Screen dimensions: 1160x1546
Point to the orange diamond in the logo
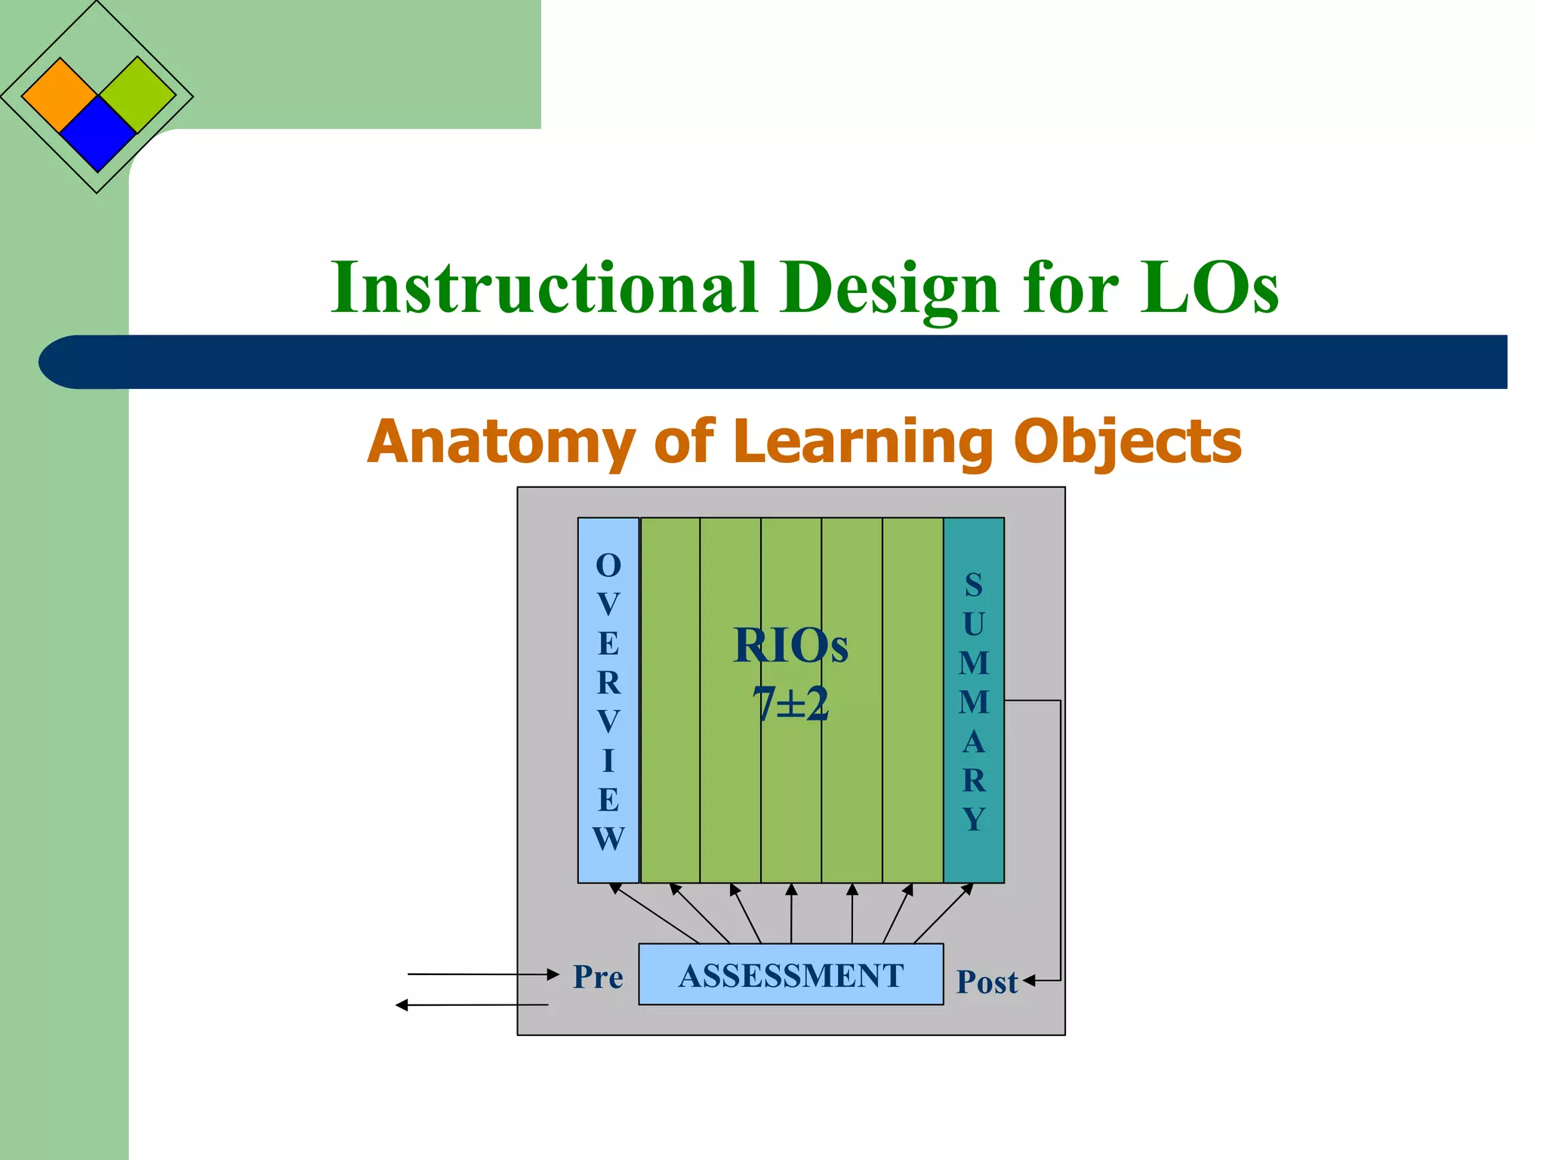tap(60, 95)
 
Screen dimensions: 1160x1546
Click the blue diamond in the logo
tap(97, 134)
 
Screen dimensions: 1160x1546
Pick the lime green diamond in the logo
tap(137, 95)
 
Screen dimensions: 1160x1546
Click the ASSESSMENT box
tap(790, 975)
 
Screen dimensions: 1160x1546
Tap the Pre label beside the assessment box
tap(598, 976)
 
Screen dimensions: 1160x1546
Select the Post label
tap(987, 982)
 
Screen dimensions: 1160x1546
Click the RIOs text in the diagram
tap(790, 646)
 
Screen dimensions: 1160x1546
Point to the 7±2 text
tap(790, 704)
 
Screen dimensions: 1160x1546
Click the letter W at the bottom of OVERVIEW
tap(608, 839)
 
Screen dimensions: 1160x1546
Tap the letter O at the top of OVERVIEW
tap(608, 566)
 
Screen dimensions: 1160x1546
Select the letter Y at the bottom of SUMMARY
tap(974, 819)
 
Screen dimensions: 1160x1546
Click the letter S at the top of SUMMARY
tap(974, 585)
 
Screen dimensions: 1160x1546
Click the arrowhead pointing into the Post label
tap(1030, 981)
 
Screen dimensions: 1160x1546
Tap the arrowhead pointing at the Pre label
tap(553, 975)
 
